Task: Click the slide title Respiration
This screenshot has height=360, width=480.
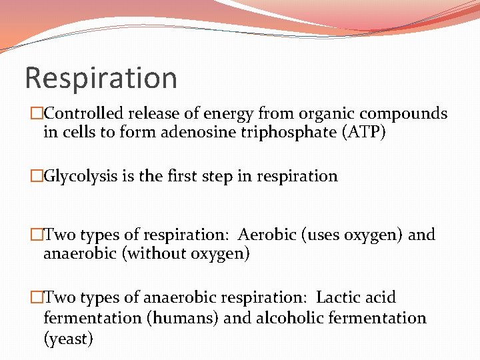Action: pyautogui.click(x=101, y=78)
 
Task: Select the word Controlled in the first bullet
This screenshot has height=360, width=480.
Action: pyautogui.click(x=85, y=114)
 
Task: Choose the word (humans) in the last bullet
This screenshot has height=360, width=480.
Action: pyautogui.click(x=183, y=318)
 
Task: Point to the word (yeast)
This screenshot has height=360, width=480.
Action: pyautogui.click(x=68, y=339)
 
